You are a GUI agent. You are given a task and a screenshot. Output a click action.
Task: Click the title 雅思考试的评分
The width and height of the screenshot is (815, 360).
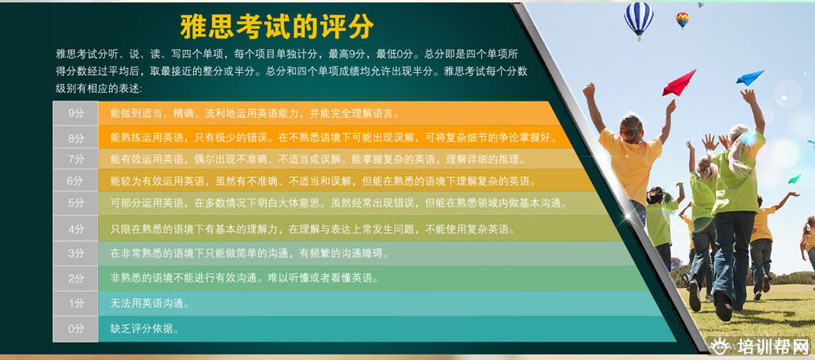(276, 26)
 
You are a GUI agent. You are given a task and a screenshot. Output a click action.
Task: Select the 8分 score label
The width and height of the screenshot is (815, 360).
(76, 138)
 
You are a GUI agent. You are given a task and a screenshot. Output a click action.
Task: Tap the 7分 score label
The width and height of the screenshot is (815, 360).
(76, 160)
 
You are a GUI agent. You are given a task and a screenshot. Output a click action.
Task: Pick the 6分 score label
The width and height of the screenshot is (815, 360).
(76, 180)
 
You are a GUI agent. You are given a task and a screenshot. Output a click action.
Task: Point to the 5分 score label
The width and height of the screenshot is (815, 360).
(76, 203)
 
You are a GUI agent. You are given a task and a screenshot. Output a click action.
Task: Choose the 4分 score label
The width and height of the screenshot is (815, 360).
(76, 229)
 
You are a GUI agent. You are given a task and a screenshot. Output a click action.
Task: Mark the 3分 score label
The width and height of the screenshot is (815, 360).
(76, 253)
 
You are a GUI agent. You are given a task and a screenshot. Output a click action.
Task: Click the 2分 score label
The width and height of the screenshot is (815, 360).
(76, 279)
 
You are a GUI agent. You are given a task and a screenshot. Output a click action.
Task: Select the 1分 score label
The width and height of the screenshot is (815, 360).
(76, 303)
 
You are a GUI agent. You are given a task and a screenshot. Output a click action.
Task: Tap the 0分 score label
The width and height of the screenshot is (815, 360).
(76, 329)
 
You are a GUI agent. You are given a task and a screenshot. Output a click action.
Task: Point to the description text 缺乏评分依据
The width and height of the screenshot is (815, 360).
(145, 329)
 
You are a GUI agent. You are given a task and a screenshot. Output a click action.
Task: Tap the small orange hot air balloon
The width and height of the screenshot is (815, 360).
(682, 21)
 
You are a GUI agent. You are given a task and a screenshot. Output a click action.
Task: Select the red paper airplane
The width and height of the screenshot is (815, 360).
(679, 83)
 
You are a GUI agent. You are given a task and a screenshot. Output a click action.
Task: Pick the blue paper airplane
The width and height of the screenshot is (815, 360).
(750, 78)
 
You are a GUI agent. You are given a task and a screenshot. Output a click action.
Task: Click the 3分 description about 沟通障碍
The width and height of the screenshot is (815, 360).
(249, 253)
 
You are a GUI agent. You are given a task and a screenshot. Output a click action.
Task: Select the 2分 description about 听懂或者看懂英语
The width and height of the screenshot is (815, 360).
(244, 279)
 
